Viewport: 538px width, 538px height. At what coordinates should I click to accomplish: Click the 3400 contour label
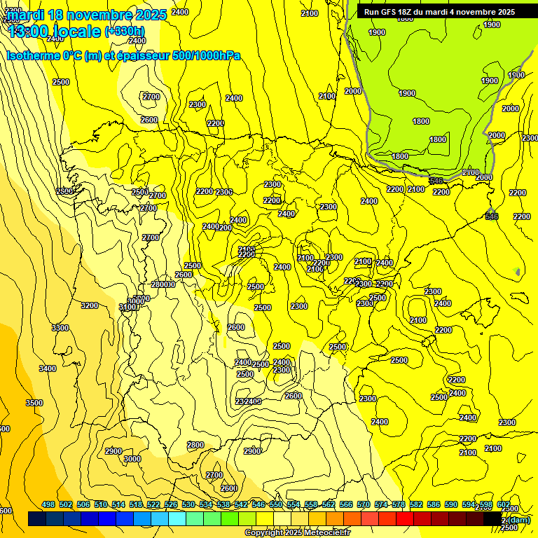tap(48, 368)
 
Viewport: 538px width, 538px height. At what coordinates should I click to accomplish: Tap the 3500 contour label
tap(34, 403)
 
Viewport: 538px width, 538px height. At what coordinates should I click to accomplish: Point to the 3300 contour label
tap(60, 328)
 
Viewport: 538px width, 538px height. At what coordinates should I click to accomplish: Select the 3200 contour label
tap(90, 305)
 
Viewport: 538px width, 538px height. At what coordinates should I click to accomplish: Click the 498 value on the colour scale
tap(48, 504)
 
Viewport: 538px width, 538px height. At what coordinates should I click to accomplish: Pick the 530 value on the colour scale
tap(188, 504)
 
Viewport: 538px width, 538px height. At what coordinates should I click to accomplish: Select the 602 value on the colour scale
tap(504, 504)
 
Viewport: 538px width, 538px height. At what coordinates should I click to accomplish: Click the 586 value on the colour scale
tap(434, 504)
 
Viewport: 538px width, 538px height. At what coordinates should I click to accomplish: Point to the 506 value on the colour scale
tap(83, 504)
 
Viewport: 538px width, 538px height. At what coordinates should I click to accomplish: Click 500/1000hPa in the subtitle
tap(206, 56)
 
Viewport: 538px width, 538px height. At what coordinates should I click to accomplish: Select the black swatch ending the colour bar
tap(493, 518)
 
